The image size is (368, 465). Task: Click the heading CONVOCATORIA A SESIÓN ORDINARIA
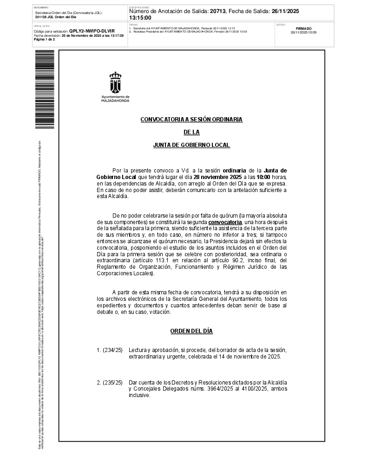click(191, 120)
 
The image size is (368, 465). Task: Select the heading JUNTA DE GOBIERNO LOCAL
click(191, 145)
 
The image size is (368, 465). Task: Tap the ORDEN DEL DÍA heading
click(191, 331)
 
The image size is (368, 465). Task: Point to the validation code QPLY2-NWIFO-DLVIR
click(92, 31)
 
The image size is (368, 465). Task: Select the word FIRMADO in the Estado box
click(303, 28)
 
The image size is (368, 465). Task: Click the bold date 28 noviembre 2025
click(218, 177)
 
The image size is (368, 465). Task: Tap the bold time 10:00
click(263, 177)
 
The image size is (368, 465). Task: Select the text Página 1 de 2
click(44, 40)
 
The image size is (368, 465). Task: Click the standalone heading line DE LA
click(191, 133)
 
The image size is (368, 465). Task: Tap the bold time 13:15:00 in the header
click(140, 18)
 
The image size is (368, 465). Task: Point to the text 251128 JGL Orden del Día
click(56, 17)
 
